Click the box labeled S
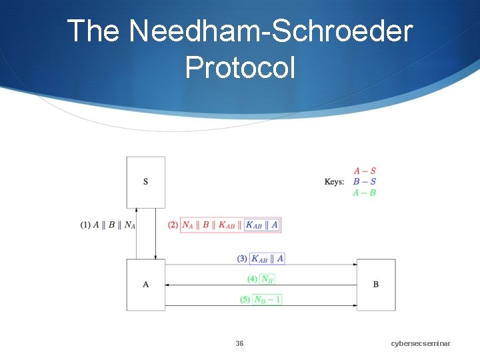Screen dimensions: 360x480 (x=146, y=182)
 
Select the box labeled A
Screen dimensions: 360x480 (x=146, y=285)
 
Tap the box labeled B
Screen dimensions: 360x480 (x=376, y=285)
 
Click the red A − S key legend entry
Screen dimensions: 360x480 (x=365, y=171)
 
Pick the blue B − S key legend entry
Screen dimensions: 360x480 (x=365, y=181)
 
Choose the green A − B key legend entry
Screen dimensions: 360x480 (x=365, y=193)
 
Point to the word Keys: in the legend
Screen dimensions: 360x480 (x=334, y=182)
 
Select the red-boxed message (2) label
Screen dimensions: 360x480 (x=224, y=225)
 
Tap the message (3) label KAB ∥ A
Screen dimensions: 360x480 (x=261, y=259)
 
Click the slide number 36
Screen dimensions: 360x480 (x=239, y=343)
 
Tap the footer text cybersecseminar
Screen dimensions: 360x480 (x=421, y=343)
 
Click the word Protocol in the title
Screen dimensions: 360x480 (x=239, y=67)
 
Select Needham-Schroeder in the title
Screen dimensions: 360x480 (x=271, y=31)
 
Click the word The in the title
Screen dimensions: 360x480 (x=93, y=31)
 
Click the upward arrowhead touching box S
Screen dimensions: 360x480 (x=137, y=210)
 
